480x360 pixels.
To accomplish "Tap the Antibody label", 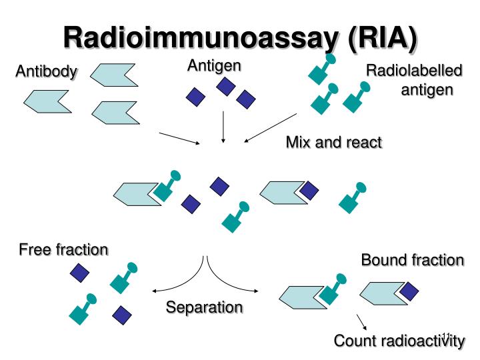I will pos(46,71).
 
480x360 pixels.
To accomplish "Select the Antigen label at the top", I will pos(214,65).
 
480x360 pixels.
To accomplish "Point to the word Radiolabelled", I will pos(414,71).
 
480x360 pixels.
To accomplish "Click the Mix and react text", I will pos(333,142).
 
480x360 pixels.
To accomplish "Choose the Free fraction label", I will pos(63,250).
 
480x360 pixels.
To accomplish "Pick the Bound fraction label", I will pos(412,260).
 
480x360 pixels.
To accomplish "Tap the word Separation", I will pos(204,307).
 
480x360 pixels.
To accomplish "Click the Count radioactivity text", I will pos(399,341).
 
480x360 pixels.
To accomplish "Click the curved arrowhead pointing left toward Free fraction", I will pos(157,291).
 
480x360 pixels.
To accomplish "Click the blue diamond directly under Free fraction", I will pos(80,272).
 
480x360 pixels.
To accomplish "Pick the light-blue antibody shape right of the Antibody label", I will pos(113,74).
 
